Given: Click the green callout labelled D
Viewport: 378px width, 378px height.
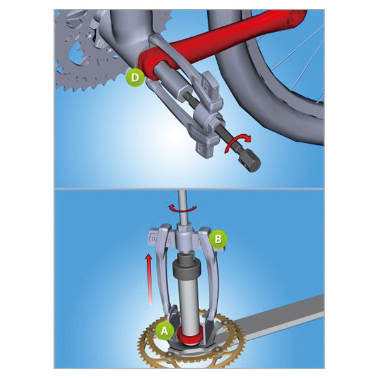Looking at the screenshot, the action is point(135,77).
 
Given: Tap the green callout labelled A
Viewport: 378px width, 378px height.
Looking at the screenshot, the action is point(164,331).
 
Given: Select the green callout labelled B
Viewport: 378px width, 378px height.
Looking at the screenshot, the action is point(218,239).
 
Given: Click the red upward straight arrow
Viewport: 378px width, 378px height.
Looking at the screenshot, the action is point(149,280).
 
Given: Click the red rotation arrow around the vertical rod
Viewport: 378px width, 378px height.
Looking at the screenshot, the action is point(182,209).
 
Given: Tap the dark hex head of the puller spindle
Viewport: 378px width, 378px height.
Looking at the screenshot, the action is point(250,163).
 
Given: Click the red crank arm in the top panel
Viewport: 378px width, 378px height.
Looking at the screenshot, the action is point(217,43).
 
